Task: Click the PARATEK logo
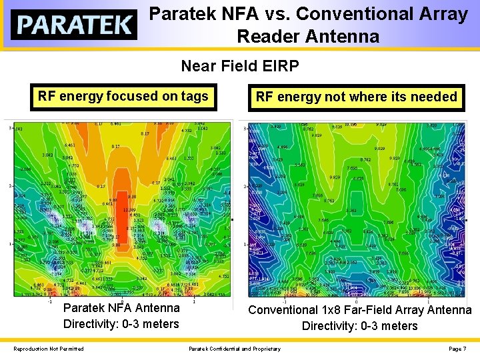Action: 73,25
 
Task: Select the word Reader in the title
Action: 267,37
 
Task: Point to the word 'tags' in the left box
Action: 195,96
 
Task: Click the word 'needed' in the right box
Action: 433,97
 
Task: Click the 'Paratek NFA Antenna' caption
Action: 121,308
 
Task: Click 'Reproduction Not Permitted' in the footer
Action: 49,349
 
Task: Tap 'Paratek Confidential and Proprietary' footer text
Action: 234,349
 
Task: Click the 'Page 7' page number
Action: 457,349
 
